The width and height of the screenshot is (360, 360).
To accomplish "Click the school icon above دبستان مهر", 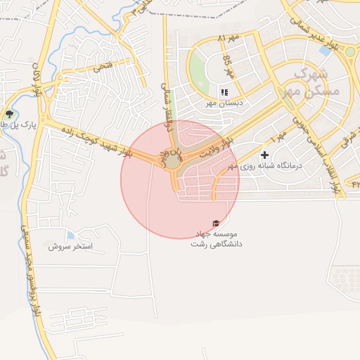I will click(224, 92).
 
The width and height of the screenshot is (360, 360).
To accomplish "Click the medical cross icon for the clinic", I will click(264, 155).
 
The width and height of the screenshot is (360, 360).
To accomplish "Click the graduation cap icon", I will click(215, 223).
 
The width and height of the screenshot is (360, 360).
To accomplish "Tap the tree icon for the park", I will click(8, 114).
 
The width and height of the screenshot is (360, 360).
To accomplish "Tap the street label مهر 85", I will click(228, 65).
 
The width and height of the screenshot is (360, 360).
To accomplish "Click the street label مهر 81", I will click(230, 37).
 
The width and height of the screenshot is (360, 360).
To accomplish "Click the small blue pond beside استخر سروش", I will click(70, 235).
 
